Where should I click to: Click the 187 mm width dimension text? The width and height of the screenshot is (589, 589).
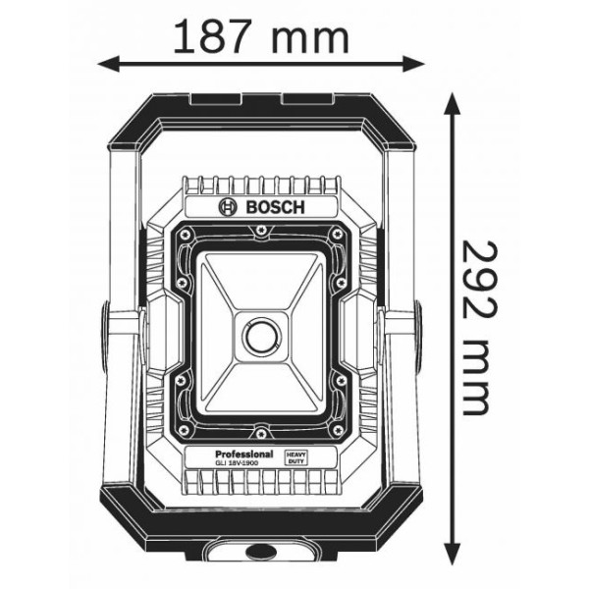point(260,38)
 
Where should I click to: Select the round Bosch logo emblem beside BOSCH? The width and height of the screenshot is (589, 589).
point(228,206)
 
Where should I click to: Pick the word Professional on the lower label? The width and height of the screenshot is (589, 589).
point(238,455)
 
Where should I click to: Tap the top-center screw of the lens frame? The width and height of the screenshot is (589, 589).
point(260,231)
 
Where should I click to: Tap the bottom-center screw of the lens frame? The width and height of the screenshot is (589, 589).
point(260,433)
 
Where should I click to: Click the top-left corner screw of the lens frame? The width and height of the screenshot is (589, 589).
point(185,236)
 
